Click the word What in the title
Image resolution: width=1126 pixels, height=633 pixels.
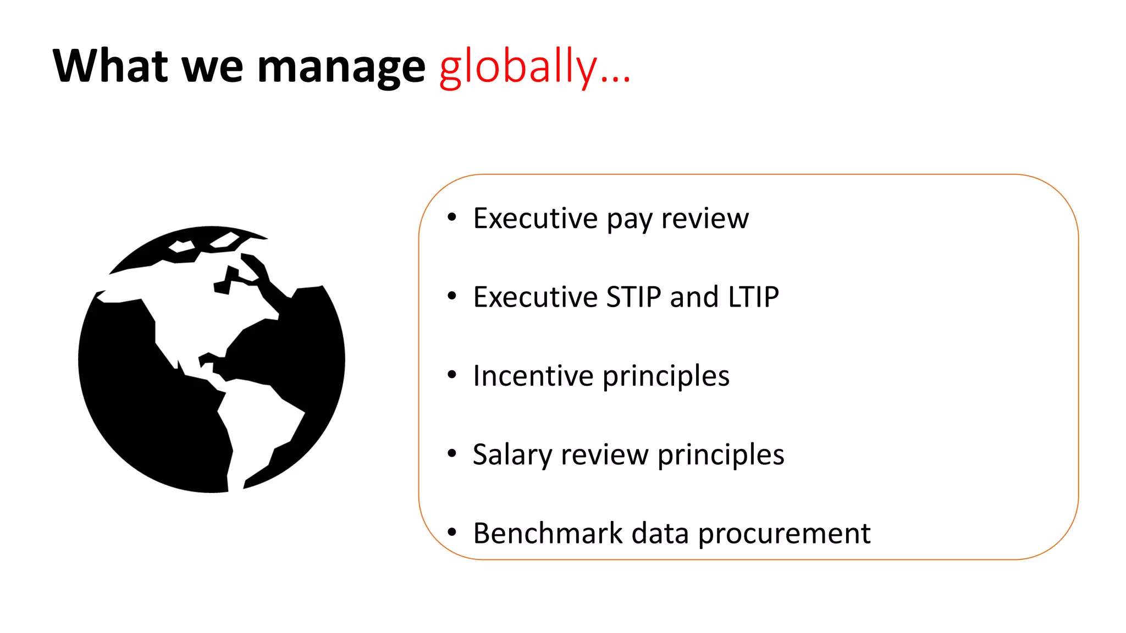coord(110,66)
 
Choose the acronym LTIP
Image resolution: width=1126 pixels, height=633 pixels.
coord(753,297)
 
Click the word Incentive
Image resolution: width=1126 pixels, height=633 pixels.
coord(533,376)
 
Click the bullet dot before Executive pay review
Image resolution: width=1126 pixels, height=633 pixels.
coord(452,218)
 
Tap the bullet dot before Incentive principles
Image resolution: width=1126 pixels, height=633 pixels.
coord(452,375)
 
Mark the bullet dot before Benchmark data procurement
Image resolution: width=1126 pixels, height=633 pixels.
coord(452,532)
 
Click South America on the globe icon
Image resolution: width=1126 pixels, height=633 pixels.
coord(258,423)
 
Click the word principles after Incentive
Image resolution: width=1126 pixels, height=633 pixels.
coord(666,377)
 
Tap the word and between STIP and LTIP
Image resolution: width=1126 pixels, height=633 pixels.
coord(694,297)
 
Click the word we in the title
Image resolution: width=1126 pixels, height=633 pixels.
coord(212,67)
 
